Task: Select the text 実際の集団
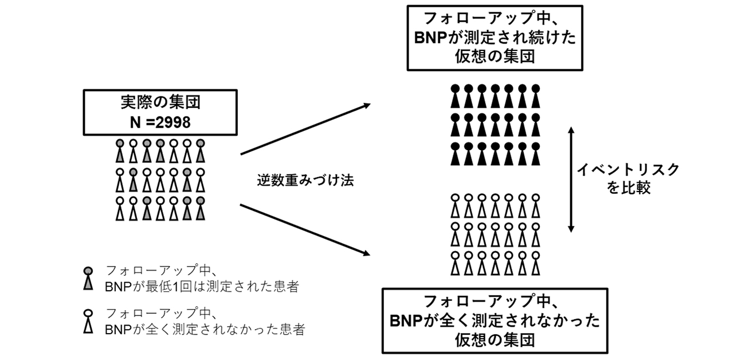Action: click(159, 103)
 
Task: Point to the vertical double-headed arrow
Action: click(571, 181)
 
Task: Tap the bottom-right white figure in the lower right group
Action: click(536, 264)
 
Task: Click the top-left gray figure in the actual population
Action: click(120, 150)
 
